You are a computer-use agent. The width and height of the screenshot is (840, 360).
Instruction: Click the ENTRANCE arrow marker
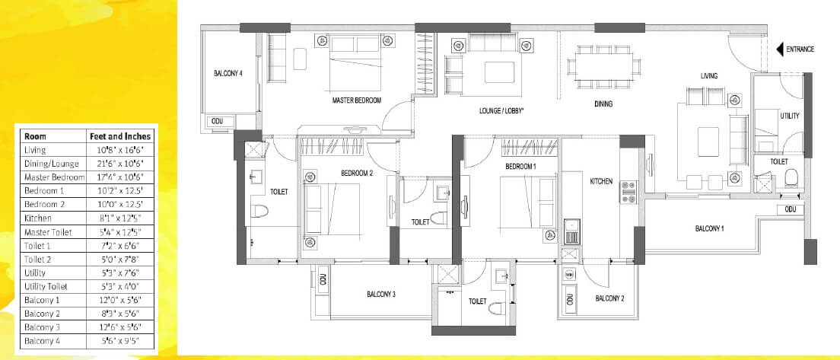point(780,49)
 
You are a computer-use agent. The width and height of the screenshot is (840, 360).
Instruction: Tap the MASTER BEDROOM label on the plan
point(357,100)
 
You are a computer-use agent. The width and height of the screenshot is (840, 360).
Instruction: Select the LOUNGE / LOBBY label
point(502,110)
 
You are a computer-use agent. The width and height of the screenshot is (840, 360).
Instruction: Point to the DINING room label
point(603,104)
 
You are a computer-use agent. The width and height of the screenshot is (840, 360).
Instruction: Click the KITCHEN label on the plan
point(601,181)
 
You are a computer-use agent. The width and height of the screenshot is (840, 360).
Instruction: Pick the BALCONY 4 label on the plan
point(228,74)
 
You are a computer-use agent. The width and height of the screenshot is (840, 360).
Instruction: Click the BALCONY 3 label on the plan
point(381,294)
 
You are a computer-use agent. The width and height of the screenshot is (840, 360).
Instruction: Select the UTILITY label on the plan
point(789,116)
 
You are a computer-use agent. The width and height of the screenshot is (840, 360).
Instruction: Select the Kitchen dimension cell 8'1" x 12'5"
point(120,218)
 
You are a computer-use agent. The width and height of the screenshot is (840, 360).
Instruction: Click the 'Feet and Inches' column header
point(120,136)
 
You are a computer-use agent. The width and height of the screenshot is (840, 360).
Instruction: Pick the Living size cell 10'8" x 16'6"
point(120,150)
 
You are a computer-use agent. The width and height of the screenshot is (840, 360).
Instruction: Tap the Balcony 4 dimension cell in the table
point(120,340)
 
